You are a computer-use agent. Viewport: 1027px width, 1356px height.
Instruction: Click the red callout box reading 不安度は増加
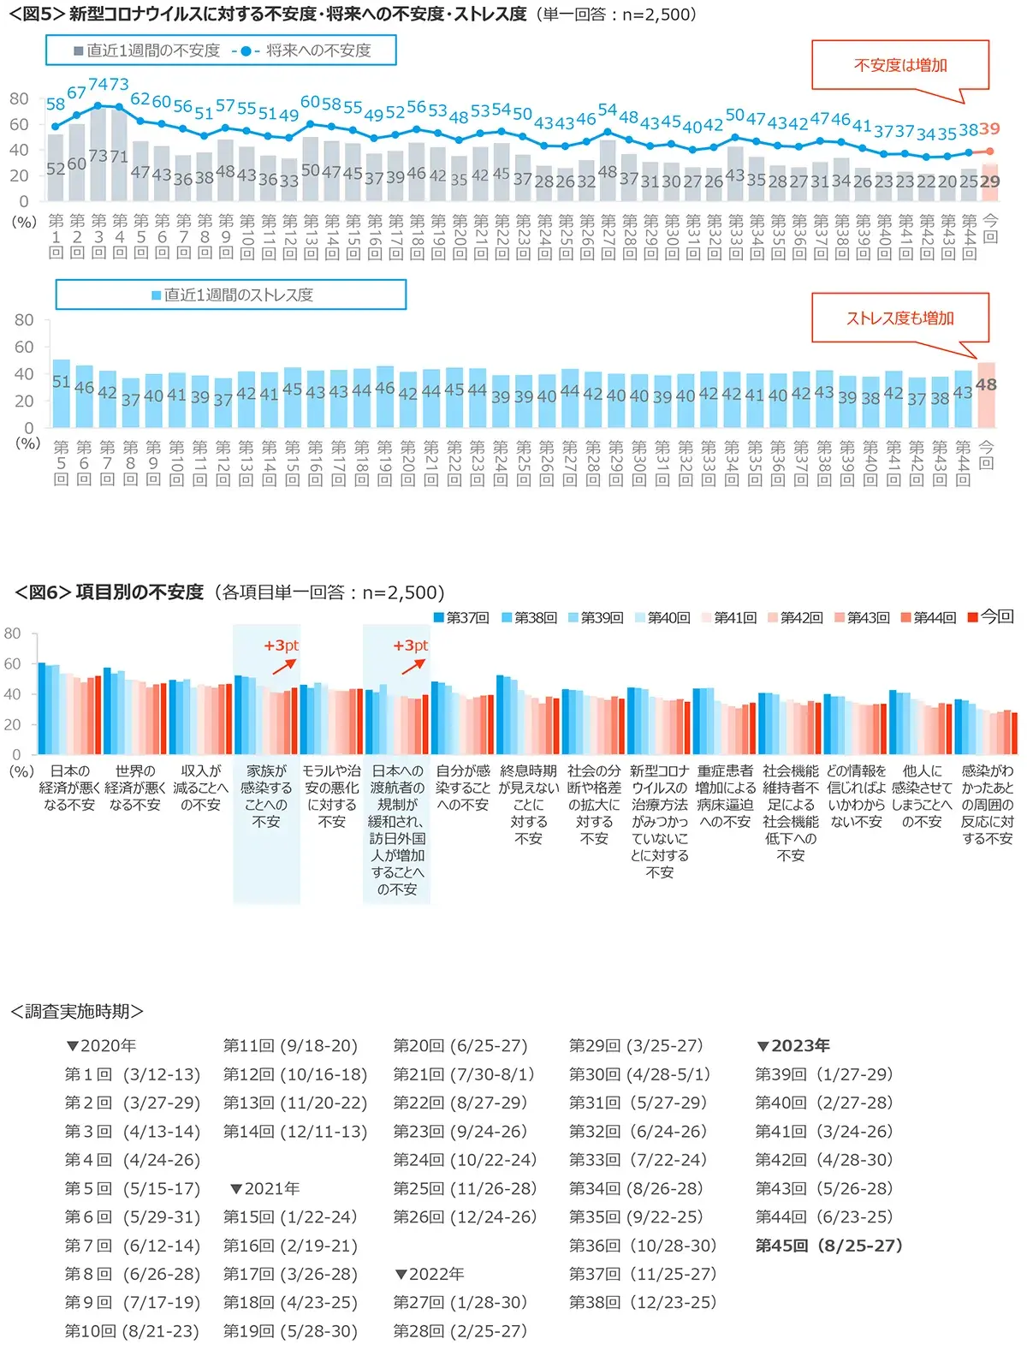pyautogui.click(x=899, y=65)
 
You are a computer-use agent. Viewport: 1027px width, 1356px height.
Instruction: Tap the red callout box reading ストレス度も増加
pyautogui.click(x=899, y=318)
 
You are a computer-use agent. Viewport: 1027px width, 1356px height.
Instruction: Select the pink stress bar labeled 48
pyautogui.click(x=986, y=395)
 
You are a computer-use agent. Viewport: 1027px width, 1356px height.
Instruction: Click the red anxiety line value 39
pyautogui.click(x=989, y=129)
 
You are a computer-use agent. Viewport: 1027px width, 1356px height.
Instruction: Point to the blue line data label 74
pyautogui.click(x=98, y=85)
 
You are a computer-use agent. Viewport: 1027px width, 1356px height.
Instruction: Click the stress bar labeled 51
pyautogui.click(x=61, y=393)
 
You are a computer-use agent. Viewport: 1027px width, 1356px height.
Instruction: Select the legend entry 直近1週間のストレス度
pyautogui.click(x=232, y=295)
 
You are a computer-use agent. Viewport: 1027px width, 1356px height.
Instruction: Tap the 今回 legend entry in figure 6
pyautogui.click(x=990, y=616)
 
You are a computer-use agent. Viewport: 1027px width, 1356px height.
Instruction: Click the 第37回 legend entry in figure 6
pyautogui.click(x=461, y=617)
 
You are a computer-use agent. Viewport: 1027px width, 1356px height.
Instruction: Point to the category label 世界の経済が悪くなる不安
pyautogui.click(x=135, y=788)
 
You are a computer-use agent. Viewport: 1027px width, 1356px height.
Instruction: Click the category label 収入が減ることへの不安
pyautogui.click(x=200, y=788)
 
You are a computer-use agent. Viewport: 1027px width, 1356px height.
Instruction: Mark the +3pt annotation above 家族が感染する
pyautogui.click(x=281, y=645)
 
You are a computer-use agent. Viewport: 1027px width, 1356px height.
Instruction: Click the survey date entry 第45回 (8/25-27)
pyautogui.click(x=828, y=1246)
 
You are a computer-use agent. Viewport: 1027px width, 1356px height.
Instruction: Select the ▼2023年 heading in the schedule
pyautogui.click(x=793, y=1045)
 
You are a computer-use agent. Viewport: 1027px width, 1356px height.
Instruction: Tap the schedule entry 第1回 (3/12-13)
pyautogui.click(x=133, y=1074)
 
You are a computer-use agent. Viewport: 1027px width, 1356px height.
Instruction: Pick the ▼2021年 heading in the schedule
pyautogui.click(x=264, y=1188)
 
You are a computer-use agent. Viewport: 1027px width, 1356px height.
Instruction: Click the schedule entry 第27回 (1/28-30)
pyautogui.click(x=460, y=1302)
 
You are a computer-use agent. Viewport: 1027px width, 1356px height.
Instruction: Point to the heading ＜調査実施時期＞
pyautogui.click(x=76, y=1011)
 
